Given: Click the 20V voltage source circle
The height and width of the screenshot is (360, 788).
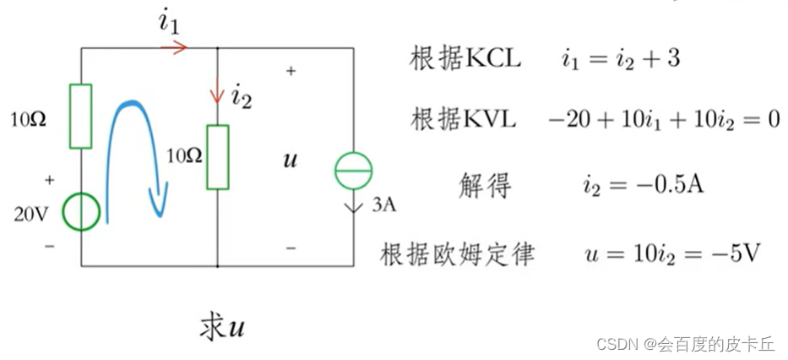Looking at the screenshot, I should [x=82, y=211].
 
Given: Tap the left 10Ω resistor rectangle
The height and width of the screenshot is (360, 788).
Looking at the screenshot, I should [x=82, y=116].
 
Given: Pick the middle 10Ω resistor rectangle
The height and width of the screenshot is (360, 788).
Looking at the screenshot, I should [x=217, y=156].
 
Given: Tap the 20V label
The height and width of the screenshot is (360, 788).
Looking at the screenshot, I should [x=30, y=214].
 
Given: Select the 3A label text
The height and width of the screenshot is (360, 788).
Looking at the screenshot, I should [x=383, y=204].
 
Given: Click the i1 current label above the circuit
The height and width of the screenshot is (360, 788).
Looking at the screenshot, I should [x=169, y=23].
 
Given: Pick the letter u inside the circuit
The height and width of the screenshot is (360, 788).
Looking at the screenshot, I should [x=290, y=158].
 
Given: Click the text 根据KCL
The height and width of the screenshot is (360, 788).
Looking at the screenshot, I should [x=465, y=58].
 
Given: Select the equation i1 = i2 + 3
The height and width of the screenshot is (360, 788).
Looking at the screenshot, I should [x=621, y=59].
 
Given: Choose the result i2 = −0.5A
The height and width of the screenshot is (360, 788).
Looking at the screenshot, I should [x=642, y=184].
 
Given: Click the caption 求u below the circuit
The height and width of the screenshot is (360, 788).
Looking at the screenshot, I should [x=222, y=328].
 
